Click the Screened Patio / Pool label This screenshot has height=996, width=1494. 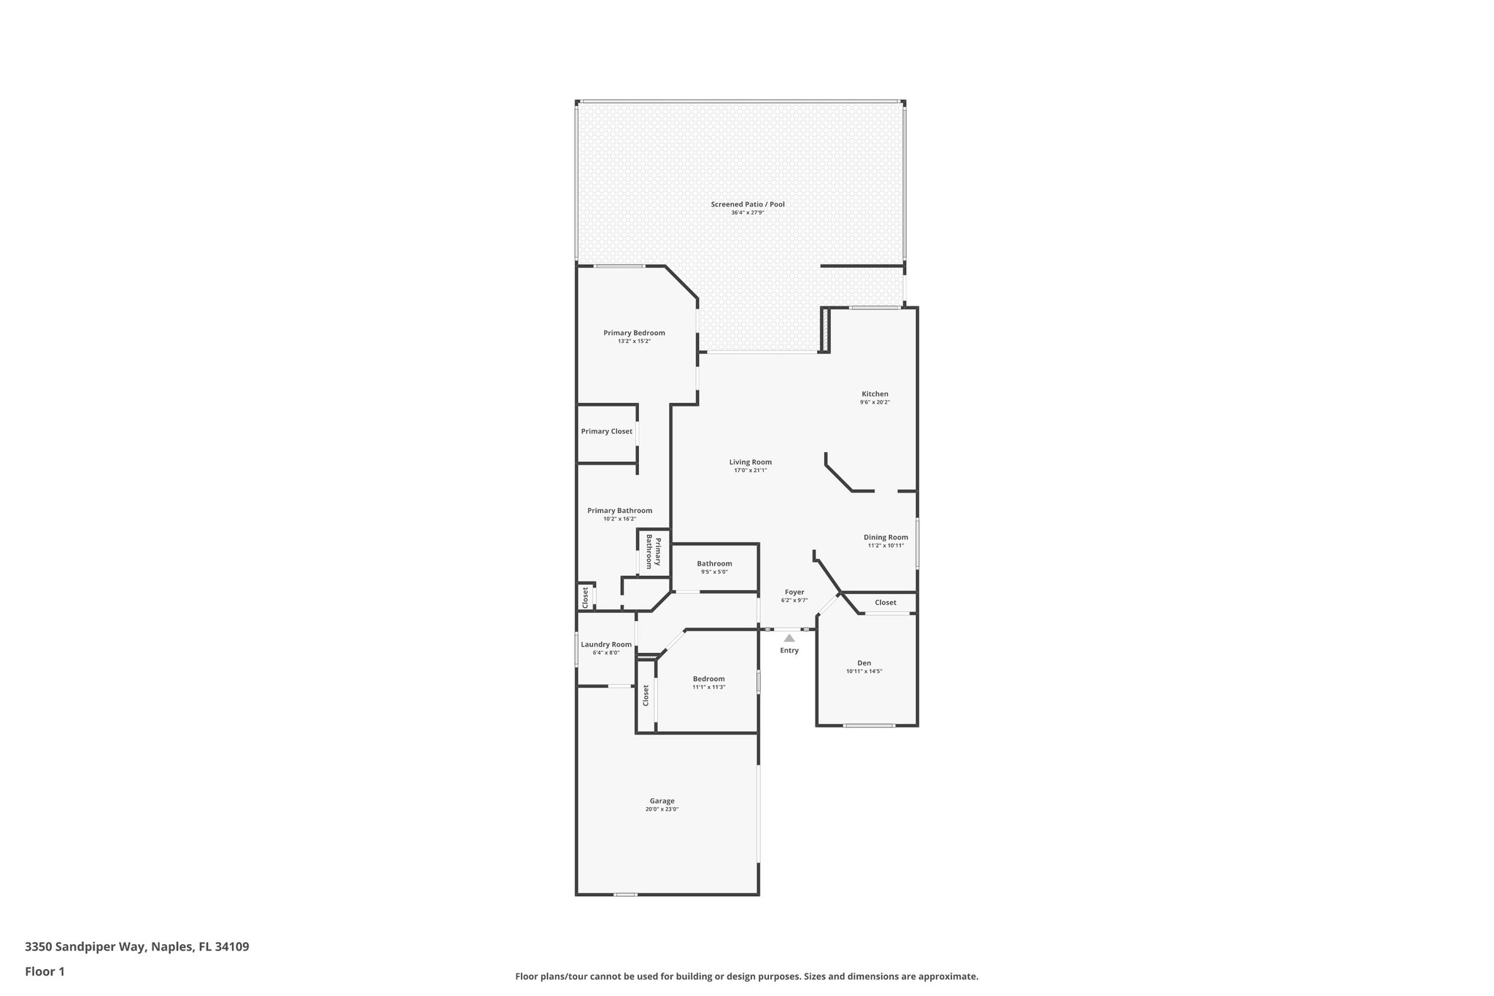(x=748, y=204)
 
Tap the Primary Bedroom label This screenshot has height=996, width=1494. (x=634, y=333)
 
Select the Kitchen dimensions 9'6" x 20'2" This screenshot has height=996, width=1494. (x=875, y=402)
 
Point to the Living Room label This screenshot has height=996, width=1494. (x=750, y=462)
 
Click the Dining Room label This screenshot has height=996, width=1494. (x=886, y=537)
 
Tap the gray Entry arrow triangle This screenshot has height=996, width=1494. (x=789, y=638)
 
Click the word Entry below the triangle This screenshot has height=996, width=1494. (x=789, y=650)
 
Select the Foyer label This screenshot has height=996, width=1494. (x=794, y=592)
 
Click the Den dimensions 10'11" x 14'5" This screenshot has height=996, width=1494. (x=864, y=671)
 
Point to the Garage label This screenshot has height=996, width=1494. (x=662, y=800)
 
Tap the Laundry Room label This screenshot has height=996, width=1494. (x=606, y=644)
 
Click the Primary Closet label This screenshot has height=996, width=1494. (x=606, y=431)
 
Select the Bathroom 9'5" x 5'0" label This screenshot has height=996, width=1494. (x=714, y=567)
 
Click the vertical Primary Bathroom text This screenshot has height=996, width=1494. (x=653, y=552)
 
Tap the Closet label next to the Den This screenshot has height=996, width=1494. (x=885, y=602)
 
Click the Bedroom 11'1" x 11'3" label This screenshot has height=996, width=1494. (x=708, y=682)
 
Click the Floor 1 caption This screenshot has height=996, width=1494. (x=45, y=971)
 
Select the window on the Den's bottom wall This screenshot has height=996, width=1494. (x=869, y=725)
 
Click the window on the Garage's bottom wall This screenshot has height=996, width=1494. (x=625, y=895)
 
